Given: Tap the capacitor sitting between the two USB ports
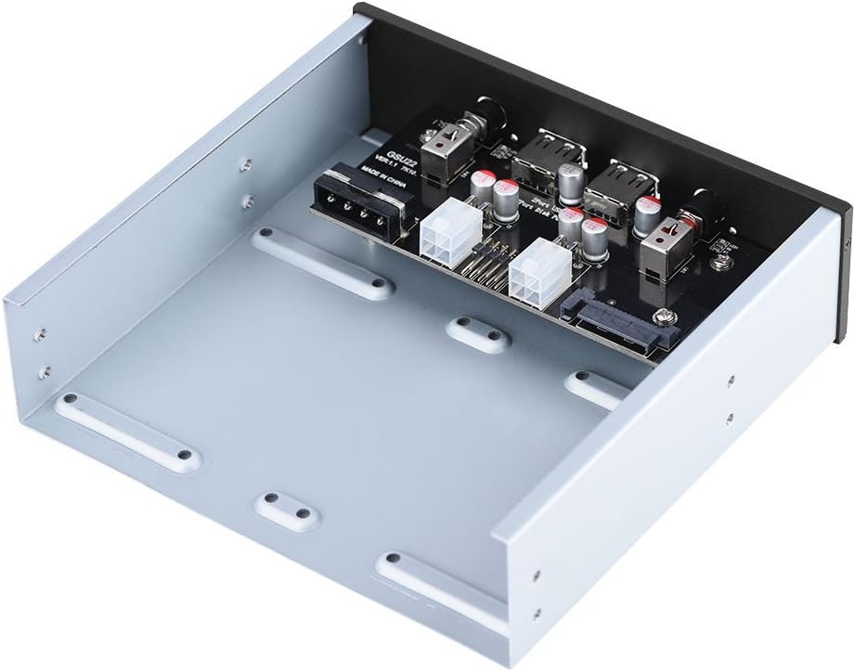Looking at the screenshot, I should click(x=574, y=179).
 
